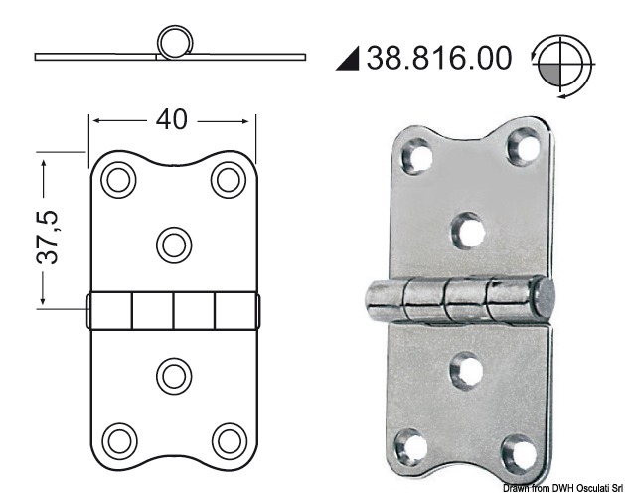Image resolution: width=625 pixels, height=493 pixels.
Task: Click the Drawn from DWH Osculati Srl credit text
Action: pyautogui.click(x=559, y=486)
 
